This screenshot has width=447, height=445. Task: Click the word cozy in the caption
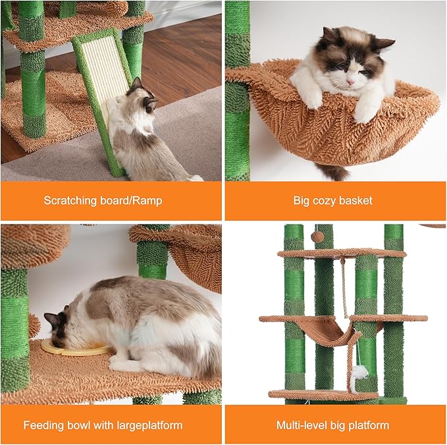(x=320, y=200)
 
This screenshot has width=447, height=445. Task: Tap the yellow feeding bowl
(x=74, y=346)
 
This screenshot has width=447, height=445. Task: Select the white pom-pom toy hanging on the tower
(x=359, y=372)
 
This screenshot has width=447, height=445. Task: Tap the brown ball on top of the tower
(x=317, y=236)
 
